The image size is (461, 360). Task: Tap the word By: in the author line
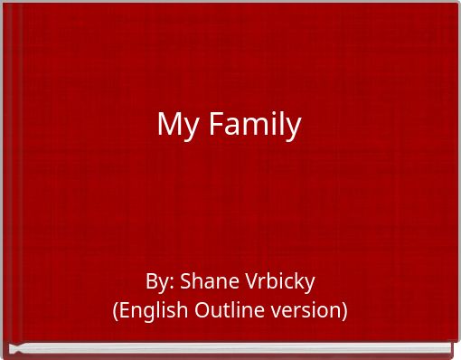point(159,281)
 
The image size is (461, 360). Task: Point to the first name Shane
point(206,281)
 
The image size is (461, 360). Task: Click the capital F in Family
point(216,124)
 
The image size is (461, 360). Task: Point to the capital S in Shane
point(185,281)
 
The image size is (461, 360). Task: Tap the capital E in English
point(125,310)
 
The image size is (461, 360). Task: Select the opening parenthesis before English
point(115,310)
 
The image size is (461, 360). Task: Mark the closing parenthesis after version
point(344,310)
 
